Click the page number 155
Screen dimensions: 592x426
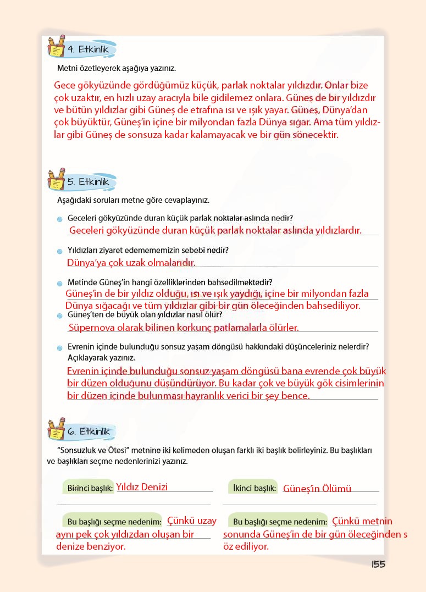378,565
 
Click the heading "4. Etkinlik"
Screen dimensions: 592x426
91,50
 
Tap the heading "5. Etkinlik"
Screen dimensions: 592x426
91,181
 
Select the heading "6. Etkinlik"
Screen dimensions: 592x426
91,431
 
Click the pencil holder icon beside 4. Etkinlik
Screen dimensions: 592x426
57,47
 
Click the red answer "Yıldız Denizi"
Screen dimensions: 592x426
142,487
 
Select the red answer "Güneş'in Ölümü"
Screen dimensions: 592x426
317,488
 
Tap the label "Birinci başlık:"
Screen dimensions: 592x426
90,488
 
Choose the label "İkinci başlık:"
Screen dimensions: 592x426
253,488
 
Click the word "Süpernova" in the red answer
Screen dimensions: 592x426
90,328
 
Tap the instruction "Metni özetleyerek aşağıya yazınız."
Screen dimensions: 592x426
117,69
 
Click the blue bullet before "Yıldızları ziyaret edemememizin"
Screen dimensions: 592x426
59,251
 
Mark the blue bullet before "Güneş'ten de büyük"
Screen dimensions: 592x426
59,316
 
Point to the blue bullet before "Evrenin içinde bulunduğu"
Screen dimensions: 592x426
59,348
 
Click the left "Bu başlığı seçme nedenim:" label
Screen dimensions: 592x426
114,522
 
